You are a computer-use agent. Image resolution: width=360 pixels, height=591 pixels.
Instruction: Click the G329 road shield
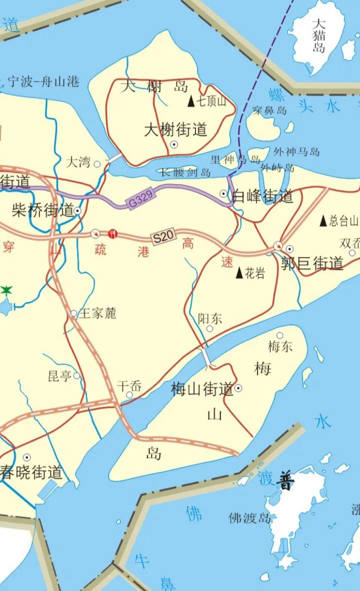point(140,200)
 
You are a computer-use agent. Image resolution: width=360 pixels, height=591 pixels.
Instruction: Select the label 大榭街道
point(175,130)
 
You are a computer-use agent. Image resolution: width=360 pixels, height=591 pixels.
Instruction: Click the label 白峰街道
point(263,196)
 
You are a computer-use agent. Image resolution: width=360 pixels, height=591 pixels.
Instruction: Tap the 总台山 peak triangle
point(323,220)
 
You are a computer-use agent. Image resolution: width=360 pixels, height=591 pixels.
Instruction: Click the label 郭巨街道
point(312,263)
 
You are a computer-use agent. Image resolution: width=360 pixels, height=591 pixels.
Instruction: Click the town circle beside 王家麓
point(74,313)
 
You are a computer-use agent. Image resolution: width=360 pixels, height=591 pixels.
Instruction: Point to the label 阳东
point(210,318)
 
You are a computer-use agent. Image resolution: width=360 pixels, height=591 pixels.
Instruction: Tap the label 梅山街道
point(202,388)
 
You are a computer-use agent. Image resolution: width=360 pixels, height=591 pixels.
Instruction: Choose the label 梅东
point(280,346)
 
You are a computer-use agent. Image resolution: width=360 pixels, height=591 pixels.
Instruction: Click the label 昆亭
point(59,376)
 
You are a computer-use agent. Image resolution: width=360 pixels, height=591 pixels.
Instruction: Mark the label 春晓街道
point(31,472)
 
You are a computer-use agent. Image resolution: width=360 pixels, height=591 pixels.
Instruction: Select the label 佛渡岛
point(249,517)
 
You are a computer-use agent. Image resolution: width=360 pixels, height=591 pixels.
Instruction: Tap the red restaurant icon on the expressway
point(112,233)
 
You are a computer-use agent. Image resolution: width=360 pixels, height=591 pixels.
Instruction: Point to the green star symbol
point(6,290)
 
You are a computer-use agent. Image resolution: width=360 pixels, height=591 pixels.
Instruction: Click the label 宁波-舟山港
point(44,81)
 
